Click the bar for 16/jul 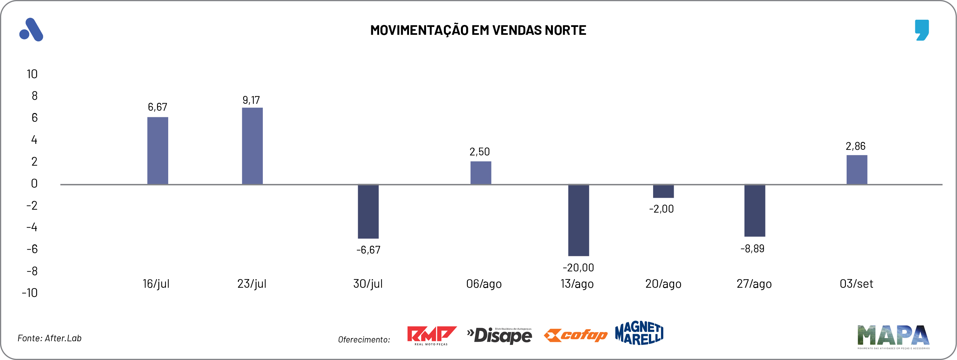pyautogui.click(x=157, y=150)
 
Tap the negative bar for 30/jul pyautogui.click(x=368, y=212)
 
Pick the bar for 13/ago pyautogui.click(x=579, y=220)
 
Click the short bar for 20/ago pyautogui.click(x=663, y=191)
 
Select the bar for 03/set pyautogui.click(x=857, y=169)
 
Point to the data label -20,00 pyautogui.click(x=578, y=267)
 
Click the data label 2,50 pyautogui.click(x=480, y=151)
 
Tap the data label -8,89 pyautogui.click(x=752, y=249)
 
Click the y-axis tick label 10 pyautogui.click(x=32, y=74)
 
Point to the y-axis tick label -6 pyautogui.click(x=32, y=249)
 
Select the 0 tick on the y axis pyautogui.click(x=34, y=184)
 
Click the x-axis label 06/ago pyautogui.click(x=484, y=284)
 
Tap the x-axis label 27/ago pyautogui.click(x=754, y=284)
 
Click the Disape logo pyautogui.click(x=500, y=335)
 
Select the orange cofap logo pyautogui.click(x=576, y=335)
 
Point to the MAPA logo pyautogui.click(x=893, y=336)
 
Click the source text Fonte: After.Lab pyautogui.click(x=49, y=338)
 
